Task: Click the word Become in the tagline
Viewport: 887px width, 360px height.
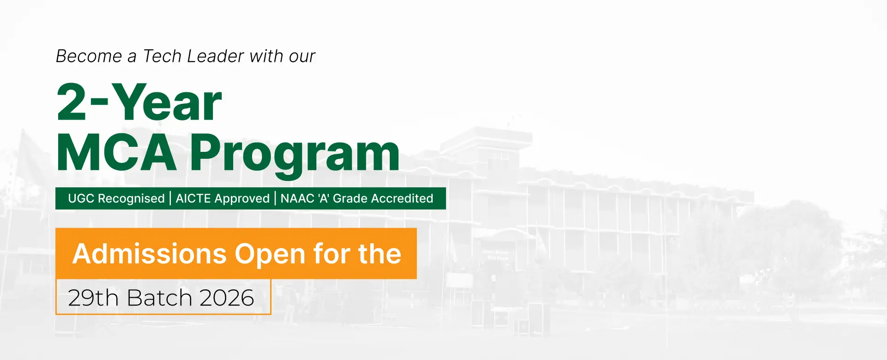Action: coord(89,56)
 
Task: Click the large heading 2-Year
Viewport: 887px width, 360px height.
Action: coord(139,102)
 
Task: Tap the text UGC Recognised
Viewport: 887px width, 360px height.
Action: coord(116,198)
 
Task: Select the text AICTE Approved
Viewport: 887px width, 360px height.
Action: coord(223,198)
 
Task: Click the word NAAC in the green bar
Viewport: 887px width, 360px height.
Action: coord(297,198)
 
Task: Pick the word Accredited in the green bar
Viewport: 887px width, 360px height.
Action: coord(402,198)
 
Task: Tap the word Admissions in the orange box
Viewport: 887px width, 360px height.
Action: coord(150,254)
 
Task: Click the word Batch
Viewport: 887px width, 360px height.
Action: coord(159,298)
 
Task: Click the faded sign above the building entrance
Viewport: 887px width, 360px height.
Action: coord(495,255)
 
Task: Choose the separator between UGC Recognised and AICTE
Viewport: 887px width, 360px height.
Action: coord(170,198)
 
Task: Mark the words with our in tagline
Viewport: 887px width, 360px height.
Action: coord(283,56)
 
